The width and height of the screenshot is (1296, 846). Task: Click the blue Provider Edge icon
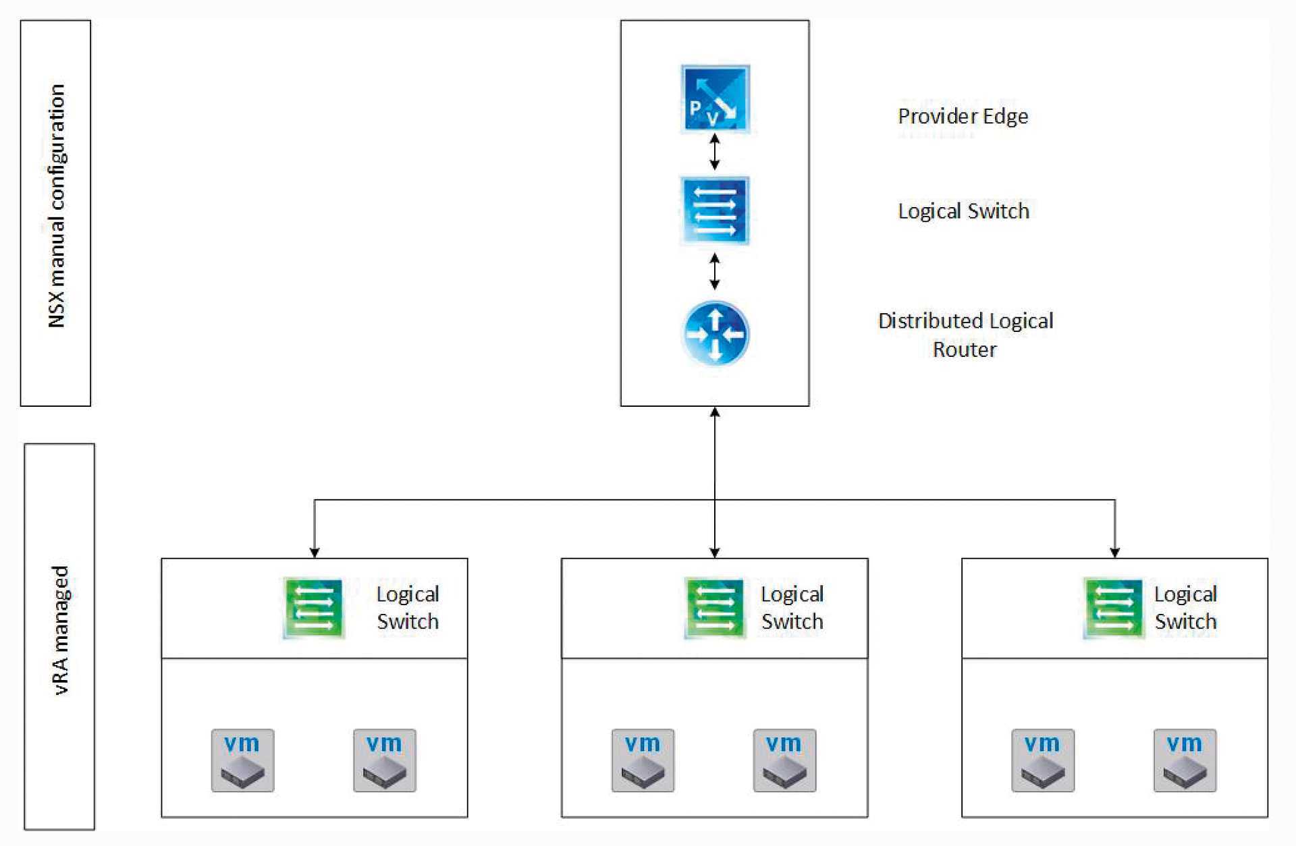pos(715,98)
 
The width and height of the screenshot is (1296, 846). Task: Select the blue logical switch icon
pos(715,210)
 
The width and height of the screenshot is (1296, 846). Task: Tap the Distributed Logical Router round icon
pos(715,333)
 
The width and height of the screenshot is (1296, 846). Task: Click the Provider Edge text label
pos(963,116)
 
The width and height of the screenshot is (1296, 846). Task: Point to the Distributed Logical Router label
pos(965,335)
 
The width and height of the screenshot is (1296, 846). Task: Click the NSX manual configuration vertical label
pos(56,206)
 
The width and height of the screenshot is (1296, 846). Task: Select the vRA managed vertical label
pos(60,631)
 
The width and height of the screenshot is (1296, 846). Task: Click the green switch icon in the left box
pos(314,607)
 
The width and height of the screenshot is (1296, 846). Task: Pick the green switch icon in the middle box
pos(714,607)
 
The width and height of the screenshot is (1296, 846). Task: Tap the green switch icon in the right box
pos(1114,607)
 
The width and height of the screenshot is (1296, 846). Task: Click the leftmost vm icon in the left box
pos(242,760)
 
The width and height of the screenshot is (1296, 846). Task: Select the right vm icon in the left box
pos(385,760)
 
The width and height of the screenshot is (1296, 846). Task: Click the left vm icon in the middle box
pos(643,760)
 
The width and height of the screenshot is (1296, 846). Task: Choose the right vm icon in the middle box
pos(784,760)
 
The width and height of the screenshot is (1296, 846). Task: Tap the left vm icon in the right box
pos(1042,760)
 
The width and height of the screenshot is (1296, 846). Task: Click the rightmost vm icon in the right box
pos(1185,760)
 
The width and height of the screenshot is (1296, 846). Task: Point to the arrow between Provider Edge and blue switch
pos(715,152)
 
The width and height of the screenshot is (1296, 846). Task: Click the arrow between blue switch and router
pos(715,271)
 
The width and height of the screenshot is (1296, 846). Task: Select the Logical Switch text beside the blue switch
pos(963,211)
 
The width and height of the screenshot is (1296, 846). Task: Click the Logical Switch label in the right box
pos(1185,607)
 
